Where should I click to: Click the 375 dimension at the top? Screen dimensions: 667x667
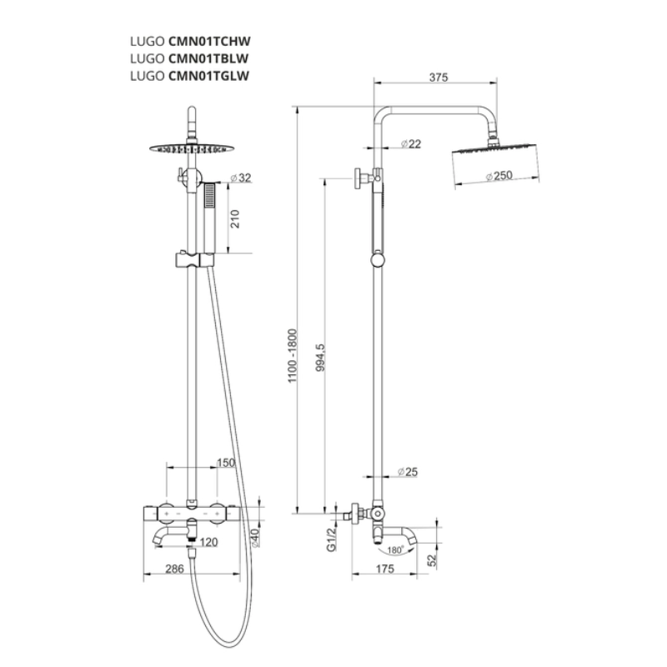[438, 78]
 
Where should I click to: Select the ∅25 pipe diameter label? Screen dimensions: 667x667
[407, 472]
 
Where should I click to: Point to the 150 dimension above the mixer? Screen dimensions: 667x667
[225, 463]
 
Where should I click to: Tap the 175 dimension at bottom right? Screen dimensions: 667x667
[384, 570]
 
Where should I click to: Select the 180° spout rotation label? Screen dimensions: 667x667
[392, 550]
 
